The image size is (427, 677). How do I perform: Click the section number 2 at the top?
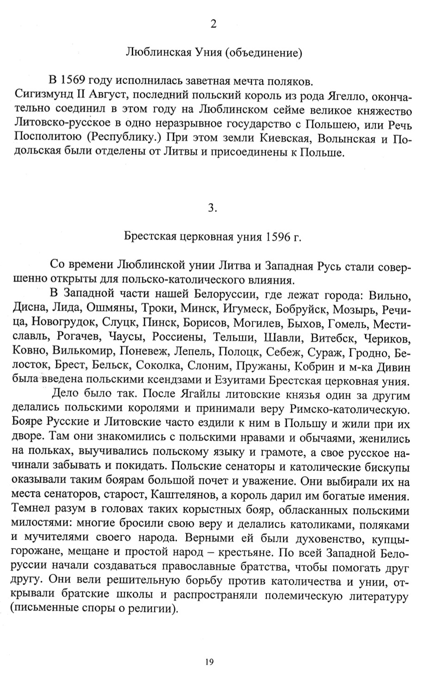pyautogui.click(x=213, y=25)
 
